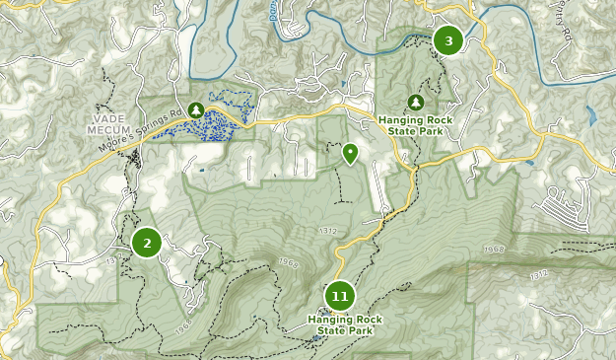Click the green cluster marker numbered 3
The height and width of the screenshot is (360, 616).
coord(448,40)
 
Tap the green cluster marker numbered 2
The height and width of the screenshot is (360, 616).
coord(147,242)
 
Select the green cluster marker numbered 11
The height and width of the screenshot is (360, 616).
coord(340,296)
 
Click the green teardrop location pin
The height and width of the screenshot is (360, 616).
coord(350,153)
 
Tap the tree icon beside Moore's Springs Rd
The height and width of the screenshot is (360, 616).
coord(196,109)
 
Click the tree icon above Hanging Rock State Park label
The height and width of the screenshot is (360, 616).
coord(416,103)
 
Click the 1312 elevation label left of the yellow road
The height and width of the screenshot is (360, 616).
coord(328,231)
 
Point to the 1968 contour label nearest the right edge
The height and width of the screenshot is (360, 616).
coord(495,250)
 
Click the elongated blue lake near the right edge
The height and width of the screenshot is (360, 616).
coord(589,115)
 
